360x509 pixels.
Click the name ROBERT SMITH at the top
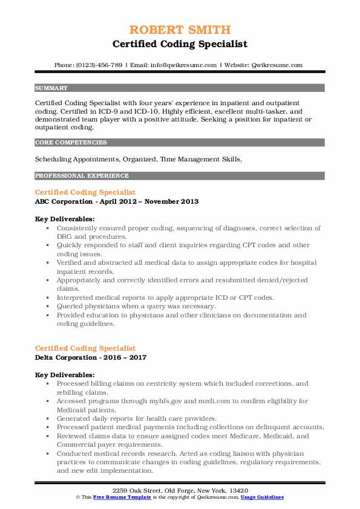click(x=180, y=30)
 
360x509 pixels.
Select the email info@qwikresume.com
click(x=180, y=65)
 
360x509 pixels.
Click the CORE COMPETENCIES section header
click(x=71, y=143)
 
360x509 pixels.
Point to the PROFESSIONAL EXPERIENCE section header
click(x=82, y=176)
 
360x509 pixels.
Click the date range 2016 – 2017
click(x=126, y=357)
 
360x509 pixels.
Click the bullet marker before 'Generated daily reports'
click(x=47, y=418)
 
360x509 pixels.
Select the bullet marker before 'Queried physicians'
click(x=47, y=306)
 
